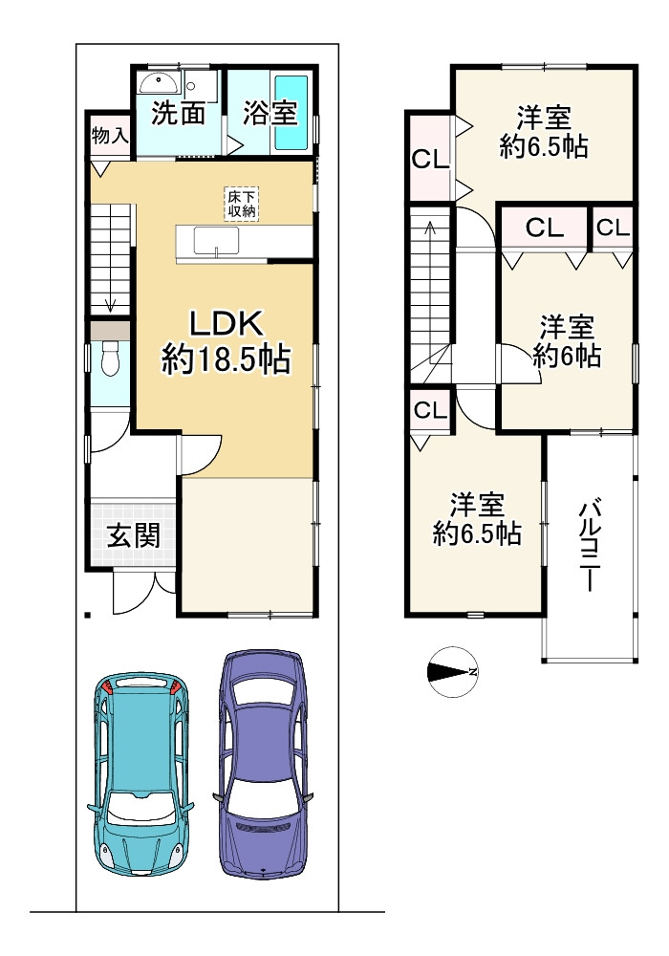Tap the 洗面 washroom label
tap(178, 112)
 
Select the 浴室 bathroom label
tap(270, 112)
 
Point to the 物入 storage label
tap(110, 136)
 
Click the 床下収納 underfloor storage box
tap(241, 204)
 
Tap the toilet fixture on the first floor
tap(110, 358)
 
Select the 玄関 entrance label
tap(134, 536)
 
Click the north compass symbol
tap(453, 672)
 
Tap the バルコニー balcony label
tap(590, 546)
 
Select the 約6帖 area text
tap(567, 356)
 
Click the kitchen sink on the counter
tap(216, 242)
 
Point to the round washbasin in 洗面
tap(158, 82)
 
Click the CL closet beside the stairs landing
tap(430, 410)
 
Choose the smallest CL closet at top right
tap(613, 228)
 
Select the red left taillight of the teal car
tap(108, 685)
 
